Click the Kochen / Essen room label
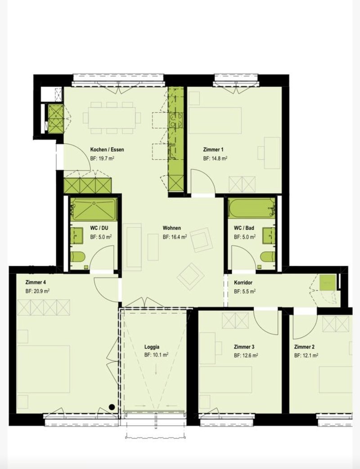pos(107,150)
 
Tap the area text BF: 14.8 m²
pos(215,159)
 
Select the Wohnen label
pos(172,228)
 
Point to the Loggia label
pos(152,347)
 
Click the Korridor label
pos(243,282)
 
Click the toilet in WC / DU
pos(78,257)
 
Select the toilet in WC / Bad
pos(268,257)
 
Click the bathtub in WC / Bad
pos(252,208)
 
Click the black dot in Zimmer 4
pos(112,407)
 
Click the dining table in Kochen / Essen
pos(111,117)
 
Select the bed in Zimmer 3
pos(225,380)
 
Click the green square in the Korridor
pos(328,283)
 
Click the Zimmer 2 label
pos(304,347)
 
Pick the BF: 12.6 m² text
pos(246,356)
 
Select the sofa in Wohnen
pos(134,247)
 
